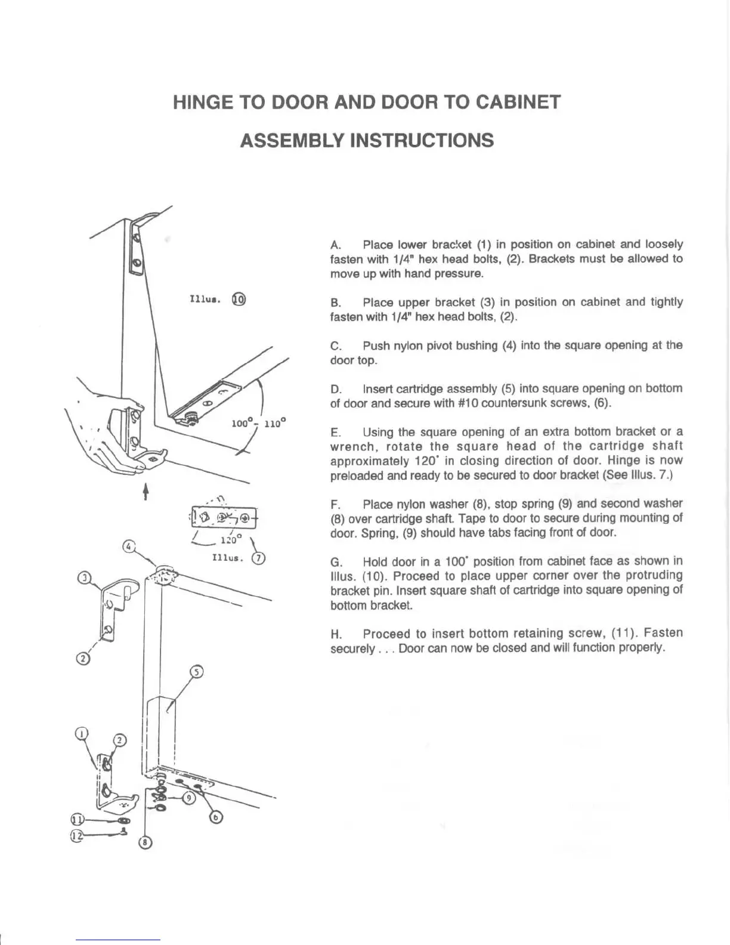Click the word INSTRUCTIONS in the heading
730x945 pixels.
point(421,141)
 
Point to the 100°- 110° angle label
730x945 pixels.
point(258,424)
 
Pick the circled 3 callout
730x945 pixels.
point(85,577)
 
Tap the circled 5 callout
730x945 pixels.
point(196,672)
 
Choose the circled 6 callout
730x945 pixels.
point(216,817)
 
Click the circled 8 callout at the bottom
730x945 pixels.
point(146,842)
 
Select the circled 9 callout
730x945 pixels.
point(188,798)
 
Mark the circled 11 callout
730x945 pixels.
point(77,819)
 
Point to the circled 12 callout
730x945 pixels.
point(76,836)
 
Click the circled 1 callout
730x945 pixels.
point(82,733)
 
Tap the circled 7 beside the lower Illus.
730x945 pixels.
point(258,558)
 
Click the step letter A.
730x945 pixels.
point(335,245)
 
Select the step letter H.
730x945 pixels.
point(335,634)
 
